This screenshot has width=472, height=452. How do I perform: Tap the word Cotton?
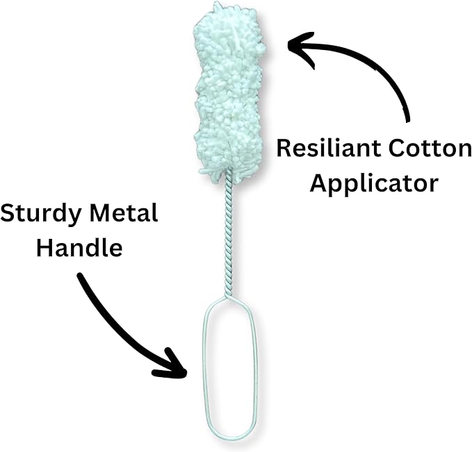tap(430, 149)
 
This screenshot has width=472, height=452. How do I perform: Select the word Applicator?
tap(374, 184)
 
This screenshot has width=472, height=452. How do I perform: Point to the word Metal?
tap(124, 213)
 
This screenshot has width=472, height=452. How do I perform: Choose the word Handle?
tap(79, 247)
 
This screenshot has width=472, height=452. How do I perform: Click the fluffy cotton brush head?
tap(229, 93)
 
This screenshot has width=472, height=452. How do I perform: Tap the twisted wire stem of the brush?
tap(229, 233)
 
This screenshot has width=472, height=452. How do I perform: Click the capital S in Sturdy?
tap(7, 213)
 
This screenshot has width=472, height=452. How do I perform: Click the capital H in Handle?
tap(44, 248)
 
